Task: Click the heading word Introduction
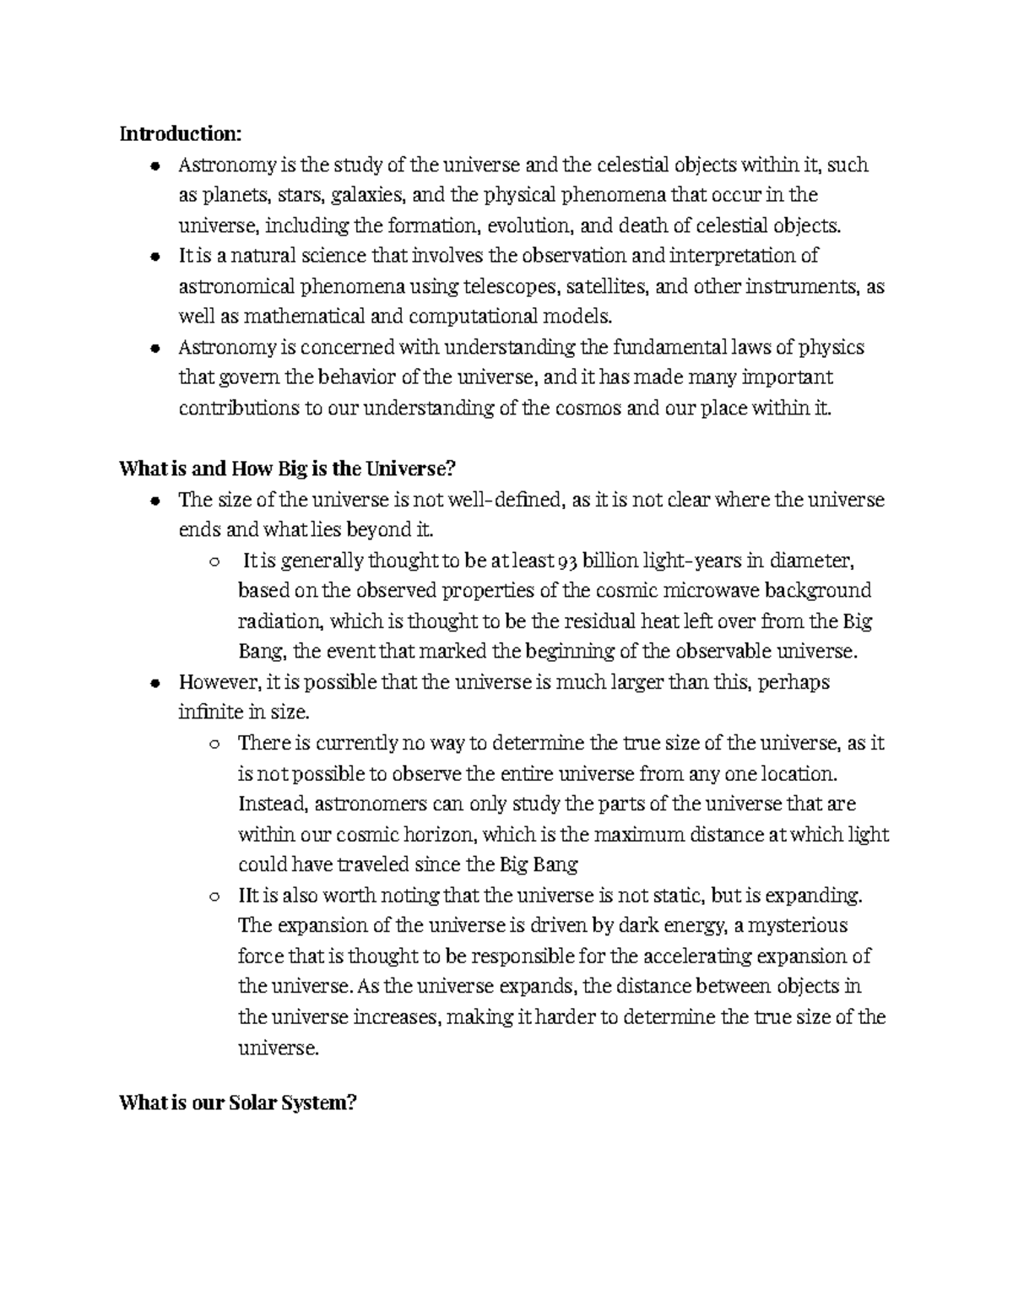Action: click(x=180, y=134)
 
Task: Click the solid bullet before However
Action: click(x=154, y=683)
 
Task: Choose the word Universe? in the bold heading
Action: click(x=408, y=469)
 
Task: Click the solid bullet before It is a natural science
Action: click(x=154, y=257)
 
